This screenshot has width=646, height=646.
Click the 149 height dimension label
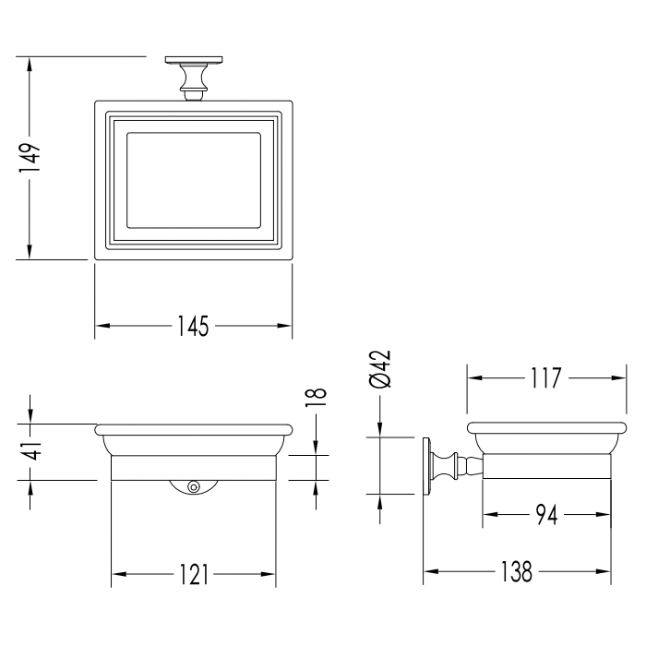[x=30, y=158]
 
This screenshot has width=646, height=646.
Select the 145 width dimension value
[x=193, y=326]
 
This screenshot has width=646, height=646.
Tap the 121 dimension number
[x=194, y=574]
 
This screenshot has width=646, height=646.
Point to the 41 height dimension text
[x=30, y=450]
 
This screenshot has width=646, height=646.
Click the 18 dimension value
[x=316, y=397]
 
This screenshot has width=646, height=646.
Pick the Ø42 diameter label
[x=380, y=369]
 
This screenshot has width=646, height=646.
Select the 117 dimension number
[x=546, y=377]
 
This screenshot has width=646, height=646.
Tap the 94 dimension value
[x=546, y=515]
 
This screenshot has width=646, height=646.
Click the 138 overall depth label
[x=516, y=571]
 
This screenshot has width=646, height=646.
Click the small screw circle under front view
[x=193, y=487]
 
